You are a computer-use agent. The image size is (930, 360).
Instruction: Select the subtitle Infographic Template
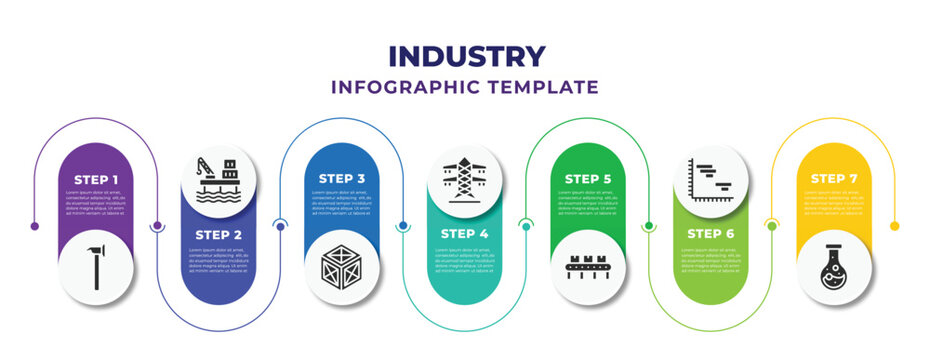[x=465, y=87]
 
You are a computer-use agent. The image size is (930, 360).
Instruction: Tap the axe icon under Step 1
[x=96, y=267]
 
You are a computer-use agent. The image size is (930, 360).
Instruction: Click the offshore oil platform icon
[x=219, y=178]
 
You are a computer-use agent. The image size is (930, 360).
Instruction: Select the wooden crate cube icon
[x=342, y=267]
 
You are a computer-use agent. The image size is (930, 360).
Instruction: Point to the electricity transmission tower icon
[x=465, y=178]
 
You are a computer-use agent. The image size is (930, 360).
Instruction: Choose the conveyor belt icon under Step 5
[x=588, y=267]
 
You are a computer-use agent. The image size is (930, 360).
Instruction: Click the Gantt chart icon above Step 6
[x=711, y=178]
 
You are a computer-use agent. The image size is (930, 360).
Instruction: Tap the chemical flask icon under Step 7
[x=834, y=267]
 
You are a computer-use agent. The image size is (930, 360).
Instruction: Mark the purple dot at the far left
[x=35, y=226]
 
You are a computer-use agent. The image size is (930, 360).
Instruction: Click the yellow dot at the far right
[x=894, y=226]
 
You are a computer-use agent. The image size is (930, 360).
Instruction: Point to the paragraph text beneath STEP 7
[x=834, y=202]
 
